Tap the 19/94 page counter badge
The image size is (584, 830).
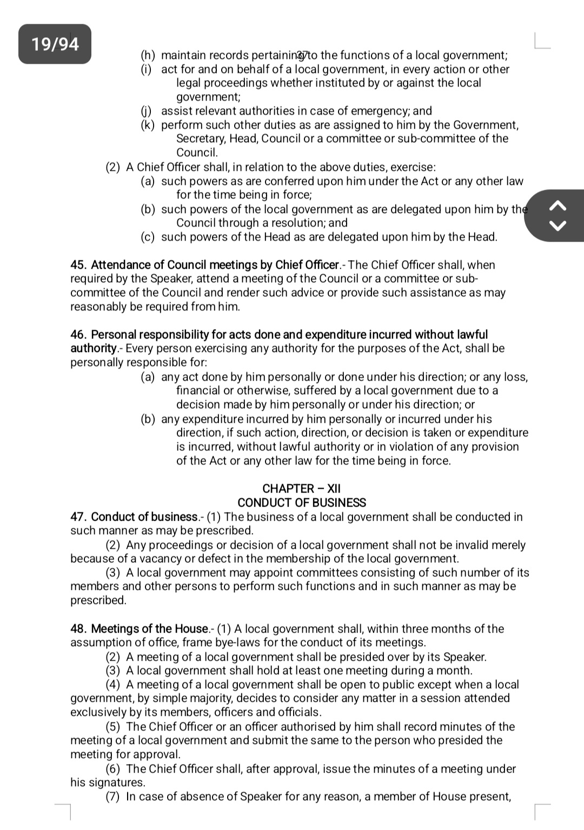[55, 44]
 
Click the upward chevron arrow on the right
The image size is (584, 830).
[558, 205]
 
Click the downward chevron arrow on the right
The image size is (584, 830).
[558, 225]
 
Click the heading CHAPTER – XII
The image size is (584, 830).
[301, 488]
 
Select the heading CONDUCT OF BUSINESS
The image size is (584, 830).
[301, 502]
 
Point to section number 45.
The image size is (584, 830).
[78, 265]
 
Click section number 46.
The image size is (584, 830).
[78, 335]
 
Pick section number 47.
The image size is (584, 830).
[78, 517]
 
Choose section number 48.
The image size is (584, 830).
[78, 629]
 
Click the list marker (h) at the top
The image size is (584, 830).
[148, 55]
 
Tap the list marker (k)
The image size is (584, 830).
[148, 125]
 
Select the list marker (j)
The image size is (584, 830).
[147, 111]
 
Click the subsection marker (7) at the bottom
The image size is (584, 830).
[112, 796]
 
